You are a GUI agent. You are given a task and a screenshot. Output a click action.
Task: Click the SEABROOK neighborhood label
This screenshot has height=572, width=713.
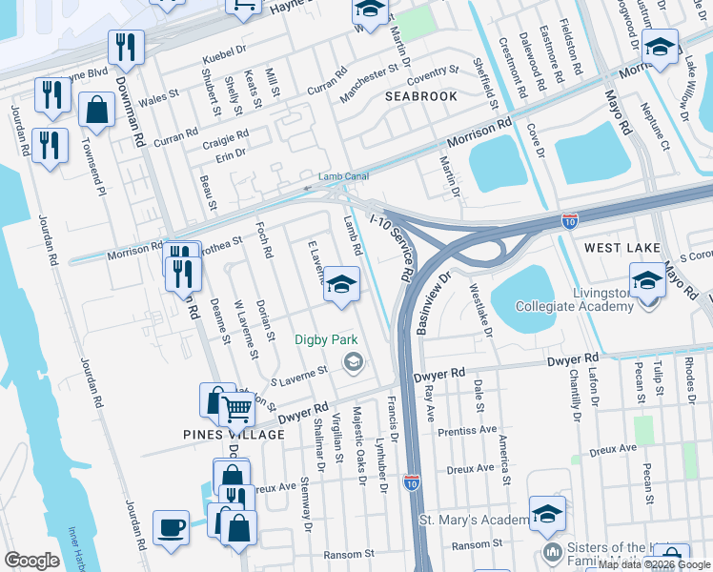(421, 96)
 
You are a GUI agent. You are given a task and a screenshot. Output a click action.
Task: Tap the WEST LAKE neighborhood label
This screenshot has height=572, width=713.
(622, 248)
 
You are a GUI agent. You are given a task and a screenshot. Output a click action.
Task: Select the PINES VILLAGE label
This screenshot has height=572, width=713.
(234, 435)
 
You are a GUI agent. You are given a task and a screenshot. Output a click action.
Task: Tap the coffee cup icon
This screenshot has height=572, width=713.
(171, 527)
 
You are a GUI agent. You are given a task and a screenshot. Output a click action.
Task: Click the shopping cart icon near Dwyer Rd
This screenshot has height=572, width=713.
(236, 410)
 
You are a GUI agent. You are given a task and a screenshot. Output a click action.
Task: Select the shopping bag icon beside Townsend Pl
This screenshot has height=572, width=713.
(96, 110)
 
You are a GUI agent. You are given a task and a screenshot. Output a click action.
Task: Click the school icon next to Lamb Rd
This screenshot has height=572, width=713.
(341, 285)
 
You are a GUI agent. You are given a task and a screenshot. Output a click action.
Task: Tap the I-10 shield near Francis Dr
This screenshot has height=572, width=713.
(411, 482)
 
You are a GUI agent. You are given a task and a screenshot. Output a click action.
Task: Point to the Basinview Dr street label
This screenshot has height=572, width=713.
(432, 303)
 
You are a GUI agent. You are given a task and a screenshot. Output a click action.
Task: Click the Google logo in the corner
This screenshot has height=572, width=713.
(31, 561)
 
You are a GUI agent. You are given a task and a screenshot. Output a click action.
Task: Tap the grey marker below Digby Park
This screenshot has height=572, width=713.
(354, 360)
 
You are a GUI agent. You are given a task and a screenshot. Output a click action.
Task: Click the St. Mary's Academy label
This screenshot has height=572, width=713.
(474, 521)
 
